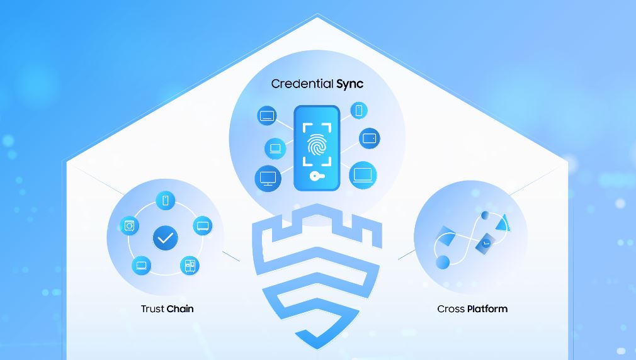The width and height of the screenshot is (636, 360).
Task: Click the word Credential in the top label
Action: coord(302,84)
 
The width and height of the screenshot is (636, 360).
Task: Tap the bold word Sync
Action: coord(349,84)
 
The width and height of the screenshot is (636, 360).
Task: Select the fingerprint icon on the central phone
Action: coord(317,145)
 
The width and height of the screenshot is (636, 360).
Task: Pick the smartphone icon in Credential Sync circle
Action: coord(358,110)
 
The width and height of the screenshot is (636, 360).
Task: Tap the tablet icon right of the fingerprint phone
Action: coord(369,138)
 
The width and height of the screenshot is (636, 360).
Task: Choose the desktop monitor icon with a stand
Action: coord(268,178)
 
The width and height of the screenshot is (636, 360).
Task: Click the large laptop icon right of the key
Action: coord(363,175)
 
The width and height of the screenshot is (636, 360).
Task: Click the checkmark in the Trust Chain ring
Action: coord(166,238)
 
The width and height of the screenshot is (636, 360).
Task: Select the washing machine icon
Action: coord(129,226)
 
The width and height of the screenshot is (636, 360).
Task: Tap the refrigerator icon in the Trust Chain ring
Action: coord(190,266)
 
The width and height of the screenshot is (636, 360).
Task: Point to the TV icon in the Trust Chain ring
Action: coord(202,226)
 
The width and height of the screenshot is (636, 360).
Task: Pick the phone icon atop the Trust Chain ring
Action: coord(166,200)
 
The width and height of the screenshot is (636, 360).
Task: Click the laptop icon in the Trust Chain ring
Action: coord(142,266)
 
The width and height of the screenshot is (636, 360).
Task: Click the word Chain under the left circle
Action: coord(180,309)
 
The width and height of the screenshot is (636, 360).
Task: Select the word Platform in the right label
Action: coord(487,309)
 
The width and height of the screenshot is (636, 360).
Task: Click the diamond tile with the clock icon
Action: coord(485,244)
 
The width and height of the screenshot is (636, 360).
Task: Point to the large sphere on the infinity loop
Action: coord(443,262)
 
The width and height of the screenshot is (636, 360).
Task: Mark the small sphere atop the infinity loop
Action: coord(485,215)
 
